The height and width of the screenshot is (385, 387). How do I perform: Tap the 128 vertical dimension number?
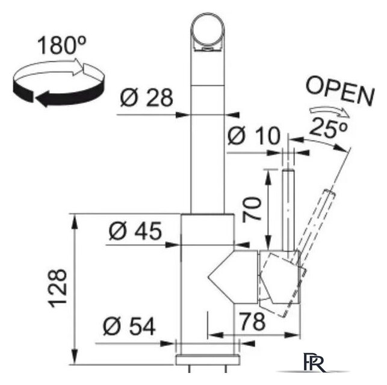pos(58,288)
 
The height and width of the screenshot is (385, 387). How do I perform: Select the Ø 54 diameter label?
pos(129,327)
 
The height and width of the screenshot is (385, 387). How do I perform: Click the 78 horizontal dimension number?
pos(250,322)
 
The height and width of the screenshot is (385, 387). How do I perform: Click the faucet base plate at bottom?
pos(207,360)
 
